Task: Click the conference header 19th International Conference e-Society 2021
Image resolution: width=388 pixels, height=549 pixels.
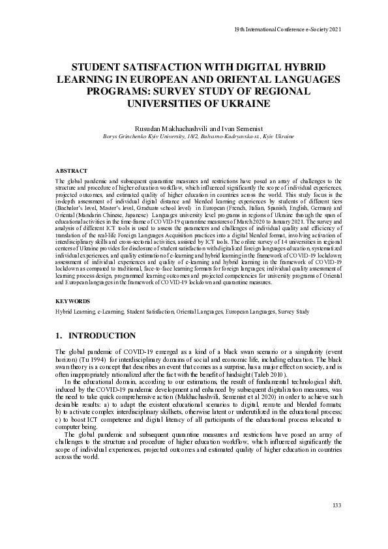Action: point(287,29)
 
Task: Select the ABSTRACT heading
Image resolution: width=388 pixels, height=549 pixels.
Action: point(72,170)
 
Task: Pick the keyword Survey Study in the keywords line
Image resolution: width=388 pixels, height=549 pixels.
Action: point(295,312)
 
